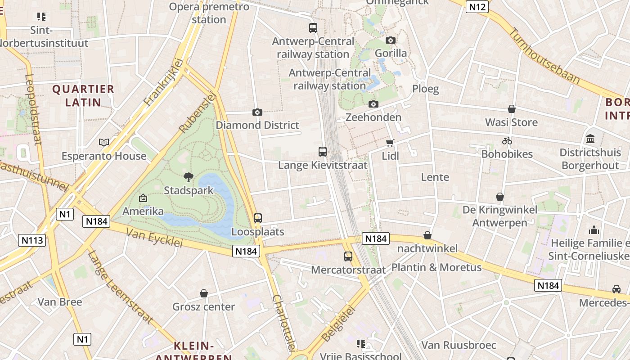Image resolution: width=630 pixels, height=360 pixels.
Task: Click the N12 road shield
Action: click(477, 7)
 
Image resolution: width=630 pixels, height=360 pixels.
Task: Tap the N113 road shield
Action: click(33, 240)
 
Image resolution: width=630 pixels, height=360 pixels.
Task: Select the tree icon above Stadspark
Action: click(189, 177)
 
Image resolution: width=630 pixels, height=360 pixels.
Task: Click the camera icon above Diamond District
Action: click(257, 112)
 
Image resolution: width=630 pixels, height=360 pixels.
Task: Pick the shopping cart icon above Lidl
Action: click(390, 143)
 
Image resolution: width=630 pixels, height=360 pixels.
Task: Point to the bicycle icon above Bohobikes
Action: click(507, 141)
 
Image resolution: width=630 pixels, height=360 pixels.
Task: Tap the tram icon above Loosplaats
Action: click(258, 218)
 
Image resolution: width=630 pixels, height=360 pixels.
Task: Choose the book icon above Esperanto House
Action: click(104, 143)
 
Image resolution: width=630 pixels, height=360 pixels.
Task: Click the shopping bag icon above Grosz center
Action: click(204, 293)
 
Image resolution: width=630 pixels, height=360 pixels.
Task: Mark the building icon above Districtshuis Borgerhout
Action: click(590, 139)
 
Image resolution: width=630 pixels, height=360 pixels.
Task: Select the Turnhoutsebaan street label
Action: click(544, 56)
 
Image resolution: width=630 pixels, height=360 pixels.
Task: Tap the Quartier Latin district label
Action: click(83, 95)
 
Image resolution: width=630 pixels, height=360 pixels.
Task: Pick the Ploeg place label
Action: click(425, 89)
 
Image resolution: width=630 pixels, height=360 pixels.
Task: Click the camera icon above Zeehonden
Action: click(373, 104)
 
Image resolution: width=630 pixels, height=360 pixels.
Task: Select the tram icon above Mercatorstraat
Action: click(348, 256)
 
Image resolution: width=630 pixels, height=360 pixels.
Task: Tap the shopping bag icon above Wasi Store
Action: click(512, 109)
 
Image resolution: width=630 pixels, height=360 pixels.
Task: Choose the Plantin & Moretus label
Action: click(436, 267)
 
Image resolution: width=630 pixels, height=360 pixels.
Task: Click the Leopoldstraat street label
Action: click(33, 109)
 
